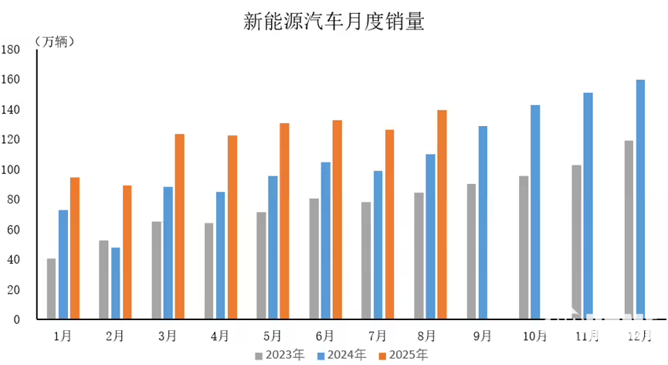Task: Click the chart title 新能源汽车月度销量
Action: pos(334,22)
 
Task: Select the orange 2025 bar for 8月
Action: pos(442,214)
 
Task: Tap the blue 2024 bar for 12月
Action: pos(640,199)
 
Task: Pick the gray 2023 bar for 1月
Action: pos(51,288)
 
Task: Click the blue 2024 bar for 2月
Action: pos(116,283)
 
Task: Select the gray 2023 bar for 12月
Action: pos(629,230)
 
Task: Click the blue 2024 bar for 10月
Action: pos(535,212)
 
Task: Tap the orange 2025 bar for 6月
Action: pos(337,220)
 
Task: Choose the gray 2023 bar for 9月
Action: pos(471,251)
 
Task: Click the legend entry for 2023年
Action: pos(279,356)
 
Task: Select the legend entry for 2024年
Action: pos(341,356)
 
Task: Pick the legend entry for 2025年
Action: pos(402,356)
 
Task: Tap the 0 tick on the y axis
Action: pos(17,319)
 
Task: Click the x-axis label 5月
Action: pos(273,336)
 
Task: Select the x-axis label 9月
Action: pos(483,336)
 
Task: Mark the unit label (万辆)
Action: pos(54,41)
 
